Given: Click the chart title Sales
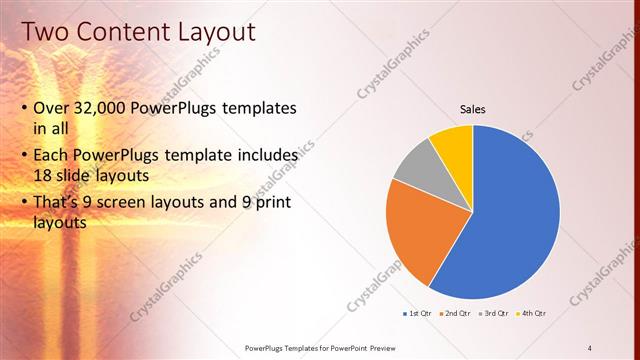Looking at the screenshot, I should coord(473,109).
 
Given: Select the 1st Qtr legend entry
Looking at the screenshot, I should coord(417,314).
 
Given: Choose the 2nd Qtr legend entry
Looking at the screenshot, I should coord(455,314).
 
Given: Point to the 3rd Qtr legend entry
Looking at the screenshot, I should coord(494,314).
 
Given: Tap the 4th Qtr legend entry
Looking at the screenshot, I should coord(531,314).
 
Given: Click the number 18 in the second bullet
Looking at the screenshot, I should coord(43,176).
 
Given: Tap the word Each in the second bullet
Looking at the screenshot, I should coord(52,156).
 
